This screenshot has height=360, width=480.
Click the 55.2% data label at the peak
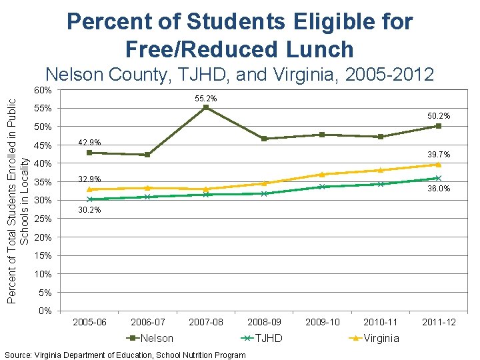click(x=205, y=99)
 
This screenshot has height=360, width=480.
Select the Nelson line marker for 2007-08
click(x=206, y=107)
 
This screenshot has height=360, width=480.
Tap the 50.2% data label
click(x=438, y=116)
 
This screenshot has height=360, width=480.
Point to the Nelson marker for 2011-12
click(x=438, y=126)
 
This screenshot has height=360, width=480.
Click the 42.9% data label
click(x=89, y=143)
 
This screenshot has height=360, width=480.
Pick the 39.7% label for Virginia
click(x=438, y=155)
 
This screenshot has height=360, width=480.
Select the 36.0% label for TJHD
click(x=438, y=189)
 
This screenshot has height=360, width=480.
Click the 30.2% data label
click(x=89, y=209)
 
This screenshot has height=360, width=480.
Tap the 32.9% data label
click(x=89, y=179)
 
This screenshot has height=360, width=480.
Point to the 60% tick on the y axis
click(x=43, y=90)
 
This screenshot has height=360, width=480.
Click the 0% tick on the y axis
click(x=45, y=311)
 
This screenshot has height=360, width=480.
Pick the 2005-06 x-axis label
click(x=89, y=322)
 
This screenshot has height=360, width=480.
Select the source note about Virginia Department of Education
click(x=125, y=355)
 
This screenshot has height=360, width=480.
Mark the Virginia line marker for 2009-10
click(x=322, y=174)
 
